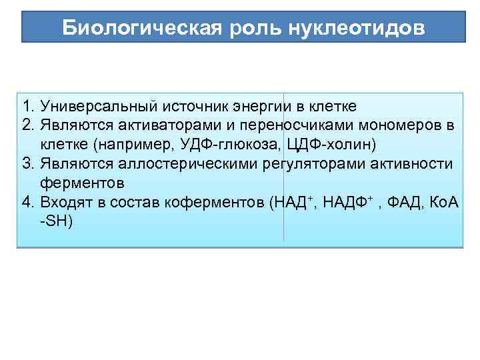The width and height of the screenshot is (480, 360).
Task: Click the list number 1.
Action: (x=27, y=106)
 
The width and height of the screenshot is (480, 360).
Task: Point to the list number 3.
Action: (x=27, y=164)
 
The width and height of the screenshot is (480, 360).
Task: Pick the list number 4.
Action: (x=27, y=203)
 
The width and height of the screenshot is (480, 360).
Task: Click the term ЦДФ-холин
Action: (x=326, y=145)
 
